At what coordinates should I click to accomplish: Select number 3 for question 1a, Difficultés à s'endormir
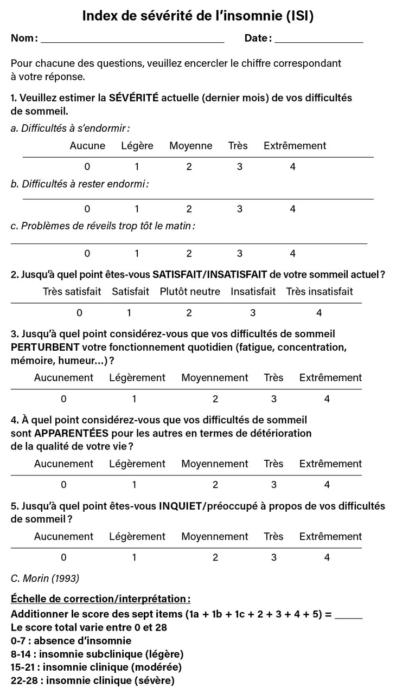pos(239,166)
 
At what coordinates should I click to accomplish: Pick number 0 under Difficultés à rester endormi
pos(87,209)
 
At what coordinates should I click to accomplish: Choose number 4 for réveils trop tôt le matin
pos(292,253)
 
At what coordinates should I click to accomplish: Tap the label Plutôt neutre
pos(190,292)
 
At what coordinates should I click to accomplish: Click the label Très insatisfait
pos(320,292)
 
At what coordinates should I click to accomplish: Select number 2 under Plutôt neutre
pos(189,313)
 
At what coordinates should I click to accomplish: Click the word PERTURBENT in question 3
pos(45,347)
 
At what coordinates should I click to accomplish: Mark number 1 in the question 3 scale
pos(134,399)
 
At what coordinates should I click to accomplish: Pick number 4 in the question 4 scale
pos(327,485)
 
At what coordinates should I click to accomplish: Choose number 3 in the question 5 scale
pos(273,557)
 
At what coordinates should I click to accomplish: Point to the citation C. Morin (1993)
pos(45,578)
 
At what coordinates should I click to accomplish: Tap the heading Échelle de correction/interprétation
pos(100,599)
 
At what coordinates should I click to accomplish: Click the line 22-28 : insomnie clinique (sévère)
pos(93,680)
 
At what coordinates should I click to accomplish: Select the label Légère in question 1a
pos(137,146)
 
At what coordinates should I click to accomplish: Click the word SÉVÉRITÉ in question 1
pos(133,98)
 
